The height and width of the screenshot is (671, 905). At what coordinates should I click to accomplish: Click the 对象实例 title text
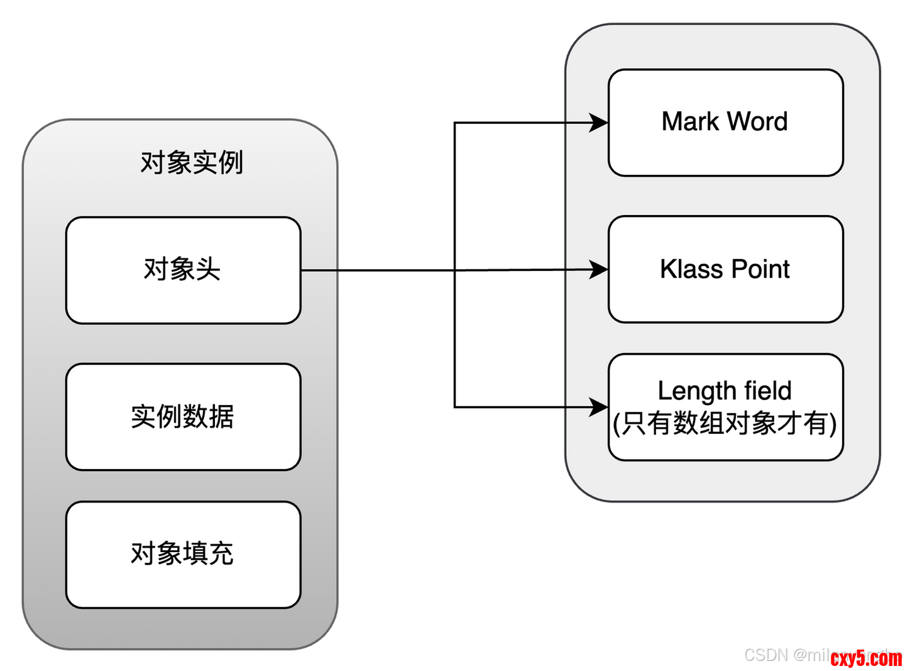(x=192, y=163)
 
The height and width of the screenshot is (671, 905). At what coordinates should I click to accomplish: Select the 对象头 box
(x=183, y=270)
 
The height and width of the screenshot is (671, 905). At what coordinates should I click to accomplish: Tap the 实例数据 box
(x=183, y=417)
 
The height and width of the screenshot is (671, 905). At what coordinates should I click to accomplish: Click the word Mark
(x=690, y=122)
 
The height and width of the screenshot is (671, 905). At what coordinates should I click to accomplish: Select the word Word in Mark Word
(x=757, y=122)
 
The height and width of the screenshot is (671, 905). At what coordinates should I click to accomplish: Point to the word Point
(x=760, y=269)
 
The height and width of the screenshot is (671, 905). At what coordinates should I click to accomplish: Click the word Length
(x=688, y=391)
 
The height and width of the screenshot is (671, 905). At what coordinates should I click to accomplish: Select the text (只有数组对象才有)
(x=725, y=423)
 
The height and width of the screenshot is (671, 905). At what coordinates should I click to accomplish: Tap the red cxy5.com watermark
(x=866, y=658)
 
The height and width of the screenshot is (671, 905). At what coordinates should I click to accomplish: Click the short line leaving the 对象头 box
(x=320, y=270)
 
